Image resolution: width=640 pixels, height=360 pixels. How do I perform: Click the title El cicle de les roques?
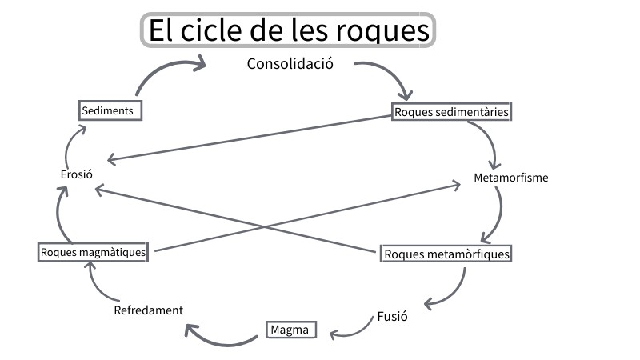[288, 30]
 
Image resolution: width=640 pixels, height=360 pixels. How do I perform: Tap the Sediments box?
[111, 110]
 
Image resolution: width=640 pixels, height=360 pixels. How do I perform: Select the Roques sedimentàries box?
[451, 112]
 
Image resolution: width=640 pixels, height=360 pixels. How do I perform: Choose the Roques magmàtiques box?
[94, 252]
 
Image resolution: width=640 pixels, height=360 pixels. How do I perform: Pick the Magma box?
[290, 330]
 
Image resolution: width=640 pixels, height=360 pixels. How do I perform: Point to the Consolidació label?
[289, 63]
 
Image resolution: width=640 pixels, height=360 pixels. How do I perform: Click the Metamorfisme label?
[510, 178]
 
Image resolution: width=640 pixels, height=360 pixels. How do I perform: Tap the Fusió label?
[392, 316]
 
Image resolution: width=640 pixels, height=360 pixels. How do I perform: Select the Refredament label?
[148, 310]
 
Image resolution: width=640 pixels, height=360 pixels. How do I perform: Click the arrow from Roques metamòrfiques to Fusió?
[454, 292]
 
